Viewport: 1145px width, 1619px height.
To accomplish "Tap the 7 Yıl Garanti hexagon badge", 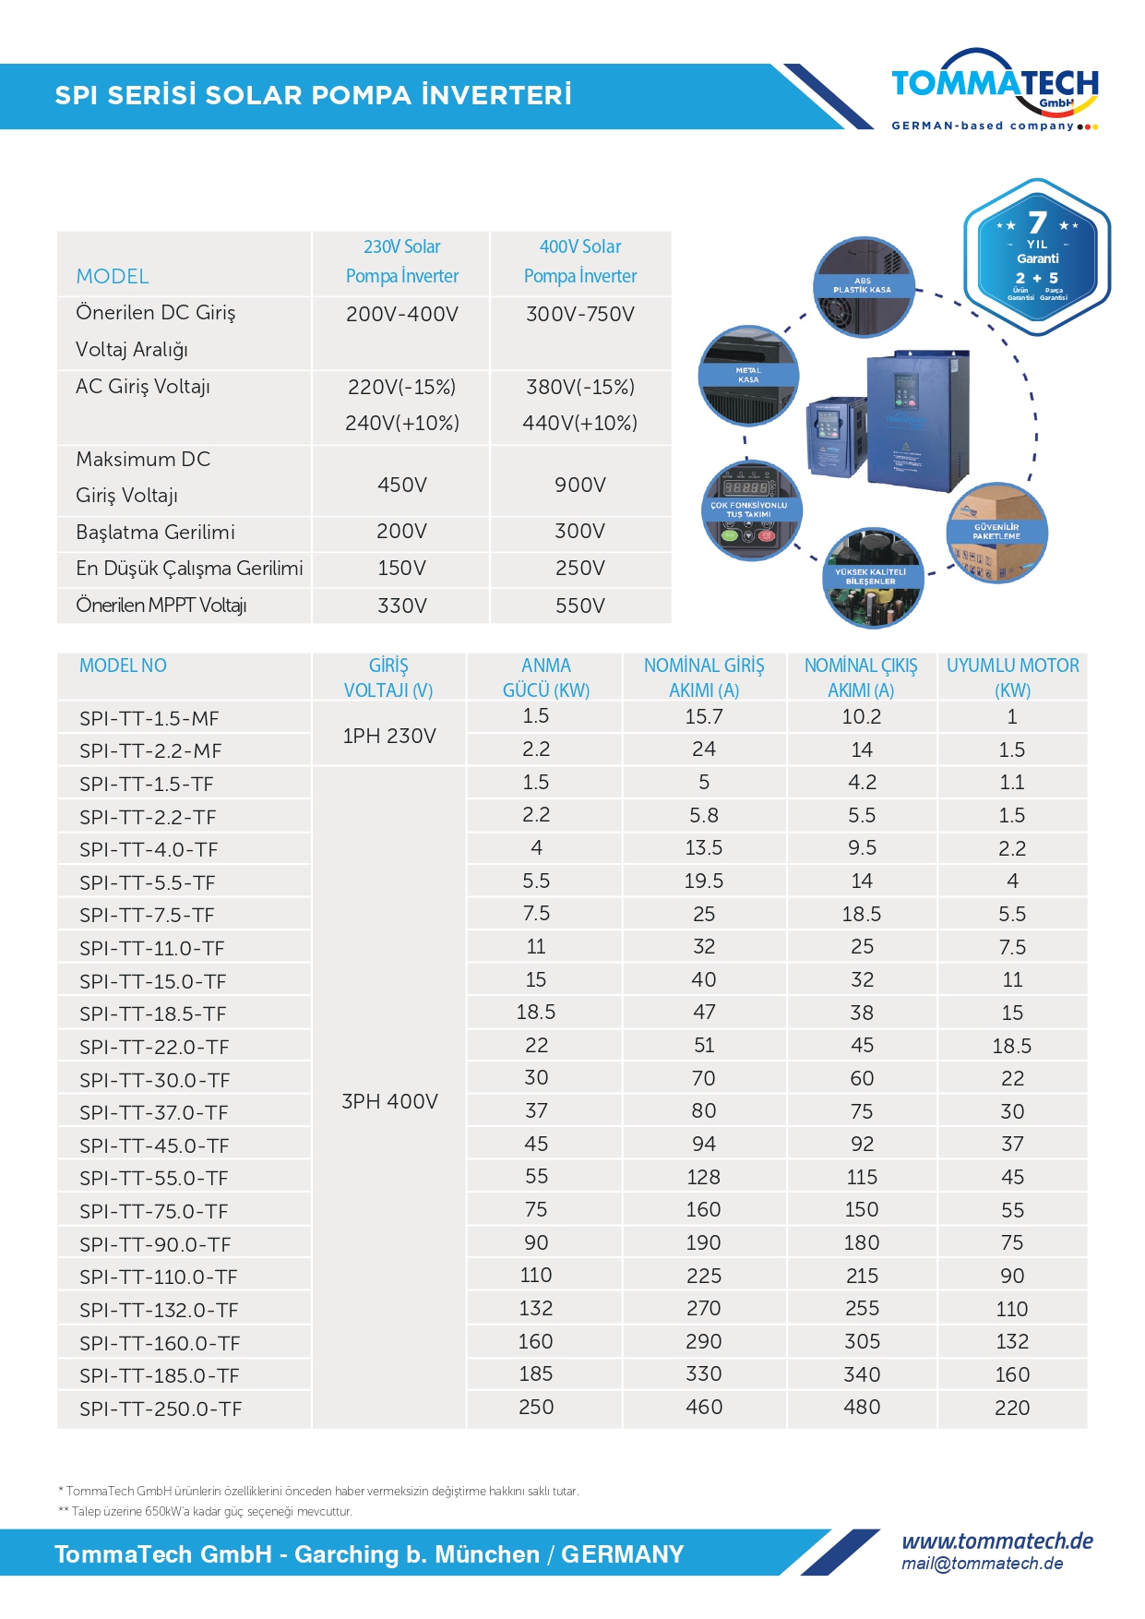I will click(1037, 250).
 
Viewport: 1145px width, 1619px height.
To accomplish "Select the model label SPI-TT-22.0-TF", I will click(154, 1047).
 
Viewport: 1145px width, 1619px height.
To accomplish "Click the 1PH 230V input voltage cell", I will click(389, 736).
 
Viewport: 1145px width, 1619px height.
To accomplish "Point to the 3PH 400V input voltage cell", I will click(389, 1101).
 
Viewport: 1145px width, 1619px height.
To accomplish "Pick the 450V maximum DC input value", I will click(402, 485).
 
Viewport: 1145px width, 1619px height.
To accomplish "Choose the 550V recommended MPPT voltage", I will click(580, 606).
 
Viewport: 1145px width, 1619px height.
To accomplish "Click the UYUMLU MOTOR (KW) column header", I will click(1012, 677).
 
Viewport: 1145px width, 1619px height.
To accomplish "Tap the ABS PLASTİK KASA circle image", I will click(863, 286).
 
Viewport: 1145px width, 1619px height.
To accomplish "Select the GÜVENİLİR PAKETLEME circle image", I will click(996, 533).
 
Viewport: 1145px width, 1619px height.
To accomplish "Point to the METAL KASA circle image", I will click(748, 375).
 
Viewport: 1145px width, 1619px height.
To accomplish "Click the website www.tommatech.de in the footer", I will click(997, 1541).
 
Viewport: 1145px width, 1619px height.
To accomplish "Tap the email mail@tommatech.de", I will click(983, 1564).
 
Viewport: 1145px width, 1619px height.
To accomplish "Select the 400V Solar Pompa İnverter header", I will click(580, 261).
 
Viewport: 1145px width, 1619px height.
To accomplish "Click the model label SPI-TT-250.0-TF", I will click(161, 1409).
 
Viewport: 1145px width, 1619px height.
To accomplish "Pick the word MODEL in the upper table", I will click(113, 276).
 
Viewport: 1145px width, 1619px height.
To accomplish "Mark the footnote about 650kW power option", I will click(205, 1511).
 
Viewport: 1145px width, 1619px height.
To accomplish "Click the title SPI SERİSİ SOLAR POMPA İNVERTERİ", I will click(314, 95).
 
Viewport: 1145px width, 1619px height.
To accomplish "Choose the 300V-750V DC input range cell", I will click(580, 314).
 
